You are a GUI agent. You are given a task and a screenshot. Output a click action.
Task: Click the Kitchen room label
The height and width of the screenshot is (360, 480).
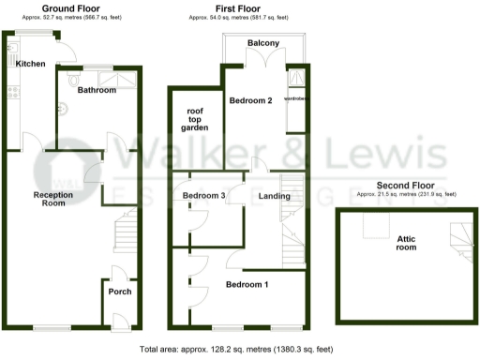pyautogui.click(x=30, y=64)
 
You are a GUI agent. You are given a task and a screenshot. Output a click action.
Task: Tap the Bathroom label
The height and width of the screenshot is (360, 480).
pyautogui.click(x=97, y=91)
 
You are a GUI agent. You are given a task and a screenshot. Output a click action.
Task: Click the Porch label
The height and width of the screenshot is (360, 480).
pyautogui.click(x=120, y=291)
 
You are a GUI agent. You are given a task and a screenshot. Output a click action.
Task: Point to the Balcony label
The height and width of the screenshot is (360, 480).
pyautogui.click(x=262, y=43)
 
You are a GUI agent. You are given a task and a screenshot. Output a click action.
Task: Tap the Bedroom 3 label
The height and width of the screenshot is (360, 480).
pyautogui.click(x=203, y=195)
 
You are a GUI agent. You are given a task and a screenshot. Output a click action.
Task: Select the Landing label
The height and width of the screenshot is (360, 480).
pyautogui.click(x=274, y=196)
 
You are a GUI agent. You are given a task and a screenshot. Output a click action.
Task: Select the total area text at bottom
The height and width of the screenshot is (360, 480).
pyautogui.click(x=235, y=349)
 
